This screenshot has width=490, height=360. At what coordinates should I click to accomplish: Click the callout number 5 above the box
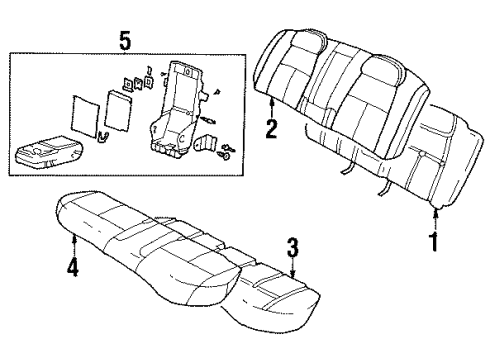pyautogui.click(x=124, y=41)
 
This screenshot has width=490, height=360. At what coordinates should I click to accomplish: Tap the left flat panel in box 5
pyautogui.click(x=85, y=115)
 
